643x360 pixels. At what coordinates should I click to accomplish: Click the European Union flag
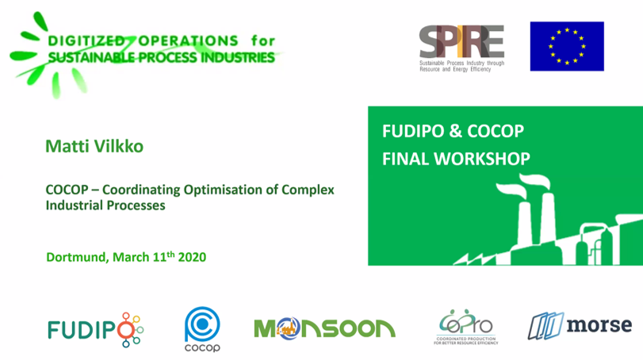click(x=566, y=46)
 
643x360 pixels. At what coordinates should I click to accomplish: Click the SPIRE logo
click(x=461, y=45)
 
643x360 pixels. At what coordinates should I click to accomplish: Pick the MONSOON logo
click(x=323, y=327)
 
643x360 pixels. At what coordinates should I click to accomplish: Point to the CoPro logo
click(x=466, y=327)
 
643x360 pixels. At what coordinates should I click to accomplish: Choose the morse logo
click(x=580, y=325)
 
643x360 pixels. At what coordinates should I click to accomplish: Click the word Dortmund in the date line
click(x=76, y=257)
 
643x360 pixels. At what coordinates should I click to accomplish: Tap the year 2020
click(x=192, y=257)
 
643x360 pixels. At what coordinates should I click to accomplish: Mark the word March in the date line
click(x=129, y=257)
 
